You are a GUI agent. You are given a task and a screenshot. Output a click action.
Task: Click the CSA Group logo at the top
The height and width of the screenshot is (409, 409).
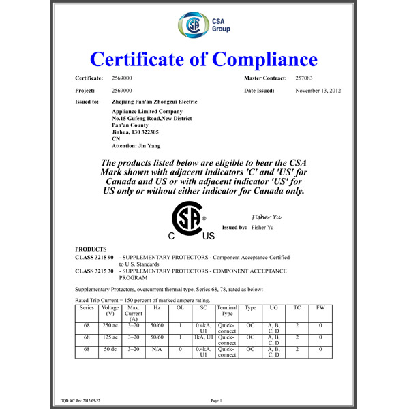pyautogui.click(x=204, y=26)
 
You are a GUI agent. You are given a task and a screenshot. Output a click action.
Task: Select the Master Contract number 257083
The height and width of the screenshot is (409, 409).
pyautogui.click(x=306, y=79)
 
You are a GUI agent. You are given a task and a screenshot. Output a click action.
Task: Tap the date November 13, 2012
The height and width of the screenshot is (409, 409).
pyautogui.click(x=318, y=90)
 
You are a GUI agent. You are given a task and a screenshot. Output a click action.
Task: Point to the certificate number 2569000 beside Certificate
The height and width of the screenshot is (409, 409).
pyautogui.click(x=121, y=79)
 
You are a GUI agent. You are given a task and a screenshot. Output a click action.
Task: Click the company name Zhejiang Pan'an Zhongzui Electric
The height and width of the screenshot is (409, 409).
pyautogui.click(x=154, y=101)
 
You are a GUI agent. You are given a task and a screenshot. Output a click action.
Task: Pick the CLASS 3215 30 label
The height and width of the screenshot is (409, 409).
pyautogui.click(x=95, y=271)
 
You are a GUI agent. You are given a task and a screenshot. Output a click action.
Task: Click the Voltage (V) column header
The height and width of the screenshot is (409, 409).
pyautogui.click(x=110, y=311)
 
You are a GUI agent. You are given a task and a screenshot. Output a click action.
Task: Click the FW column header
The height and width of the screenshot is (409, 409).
pyautogui.click(x=320, y=308)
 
